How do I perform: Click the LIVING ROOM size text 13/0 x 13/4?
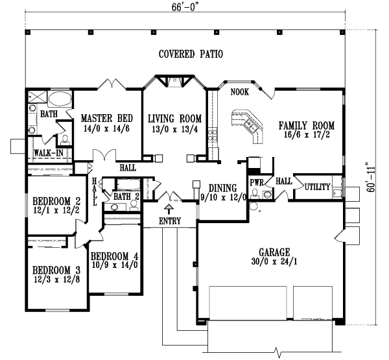pos(174,129)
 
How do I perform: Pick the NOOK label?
pos(240,92)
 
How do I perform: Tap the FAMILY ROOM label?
pos(306,125)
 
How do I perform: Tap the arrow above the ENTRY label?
pos(171,209)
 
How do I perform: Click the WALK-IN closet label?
pos(47,153)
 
